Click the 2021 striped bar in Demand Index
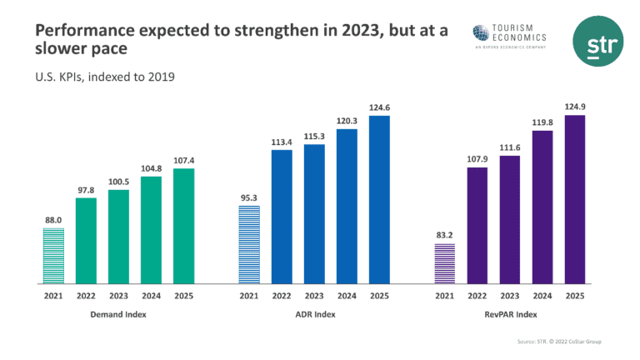click(x=53, y=256)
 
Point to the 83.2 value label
click(x=445, y=236)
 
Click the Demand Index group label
click(x=118, y=315)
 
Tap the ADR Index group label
click(x=314, y=315)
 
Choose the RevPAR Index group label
click(x=510, y=315)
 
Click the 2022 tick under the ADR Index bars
click(x=282, y=295)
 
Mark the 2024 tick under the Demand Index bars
click(x=151, y=295)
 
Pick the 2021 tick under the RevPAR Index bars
click(x=445, y=295)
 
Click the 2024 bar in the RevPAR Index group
click(x=542, y=207)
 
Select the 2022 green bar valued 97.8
click(x=86, y=241)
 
